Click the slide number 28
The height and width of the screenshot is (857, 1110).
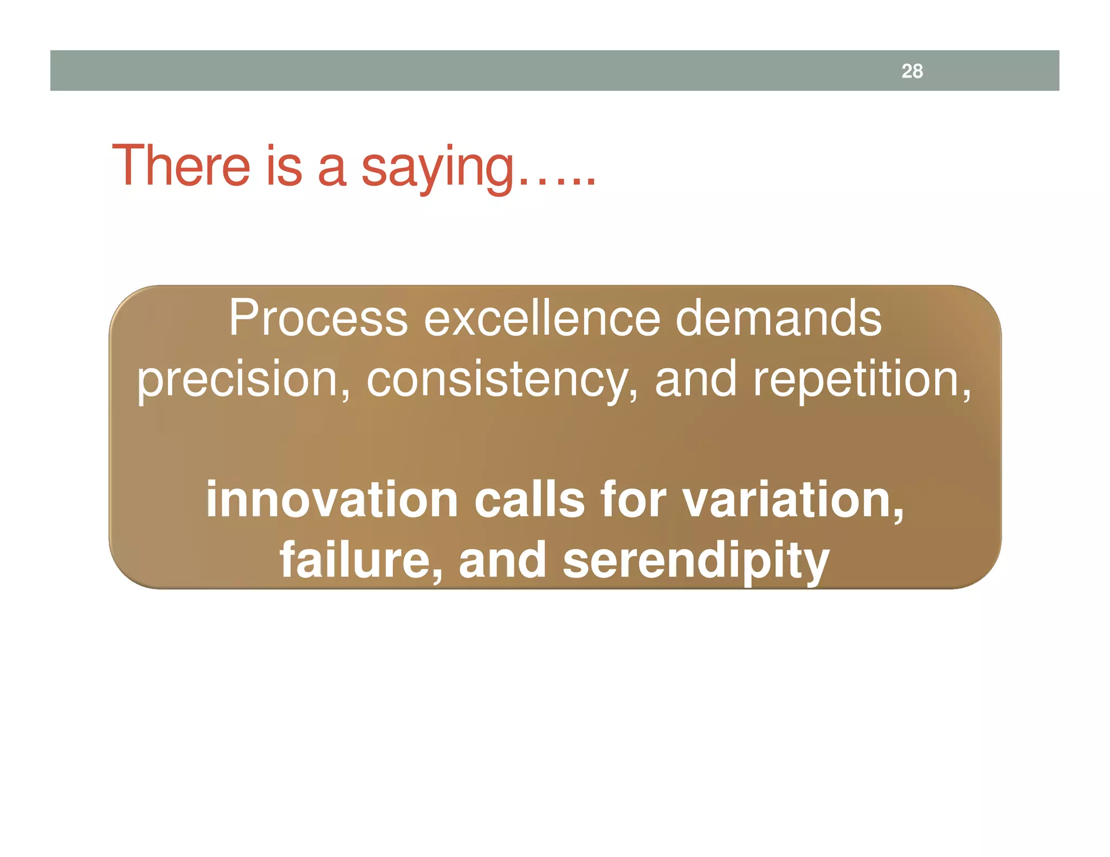point(912,71)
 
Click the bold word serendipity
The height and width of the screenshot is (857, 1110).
point(696,561)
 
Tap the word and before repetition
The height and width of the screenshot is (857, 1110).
point(695,380)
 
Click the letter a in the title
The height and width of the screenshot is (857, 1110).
point(331,169)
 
